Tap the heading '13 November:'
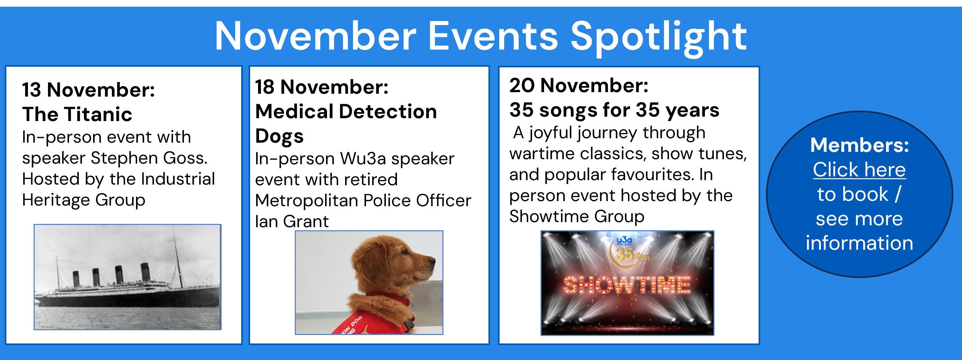(x=88, y=90)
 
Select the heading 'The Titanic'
(x=77, y=114)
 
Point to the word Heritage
(x=56, y=200)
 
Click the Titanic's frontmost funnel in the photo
(x=145, y=272)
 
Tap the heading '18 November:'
(x=322, y=87)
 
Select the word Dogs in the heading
(x=279, y=136)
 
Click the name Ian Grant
(x=292, y=221)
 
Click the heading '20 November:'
(x=579, y=85)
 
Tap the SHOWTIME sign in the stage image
(x=627, y=286)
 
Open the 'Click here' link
(x=859, y=170)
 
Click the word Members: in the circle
(x=860, y=145)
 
